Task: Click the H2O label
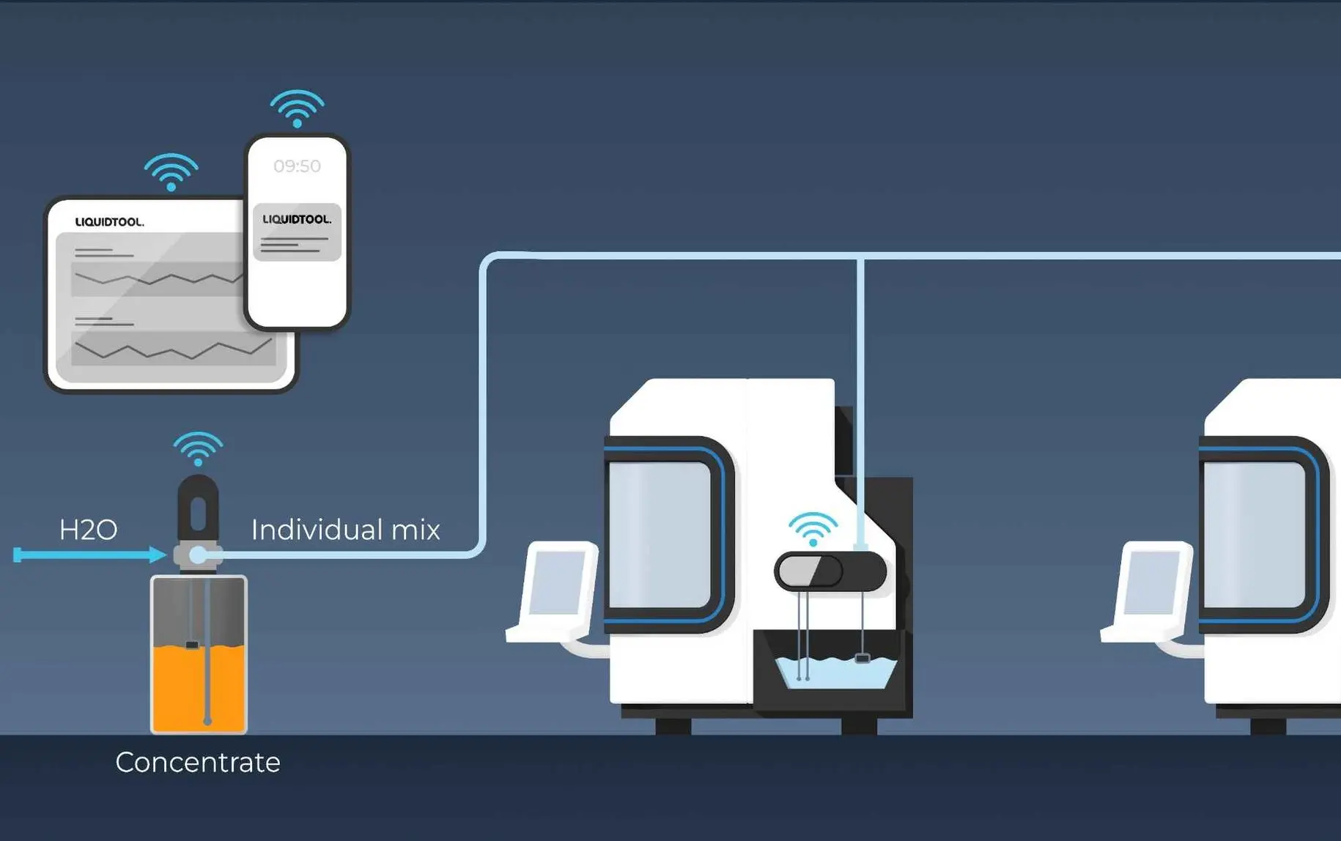coord(88,530)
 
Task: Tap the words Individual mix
coord(345,530)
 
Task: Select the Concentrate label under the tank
coord(198,763)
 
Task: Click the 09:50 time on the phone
coord(297,166)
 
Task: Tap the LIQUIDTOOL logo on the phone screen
coord(297,219)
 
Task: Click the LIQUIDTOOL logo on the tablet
coord(110,222)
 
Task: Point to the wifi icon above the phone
coord(297,108)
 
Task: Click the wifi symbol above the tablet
coord(171,172)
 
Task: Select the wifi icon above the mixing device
coord(198,449)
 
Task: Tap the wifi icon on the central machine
coord(813,530)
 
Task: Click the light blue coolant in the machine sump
coord(835,673)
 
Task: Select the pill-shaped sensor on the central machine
coord(830,571)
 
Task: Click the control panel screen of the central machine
coord(558,582)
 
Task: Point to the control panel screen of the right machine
coord(1153,582)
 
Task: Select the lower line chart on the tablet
coord(173,349)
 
